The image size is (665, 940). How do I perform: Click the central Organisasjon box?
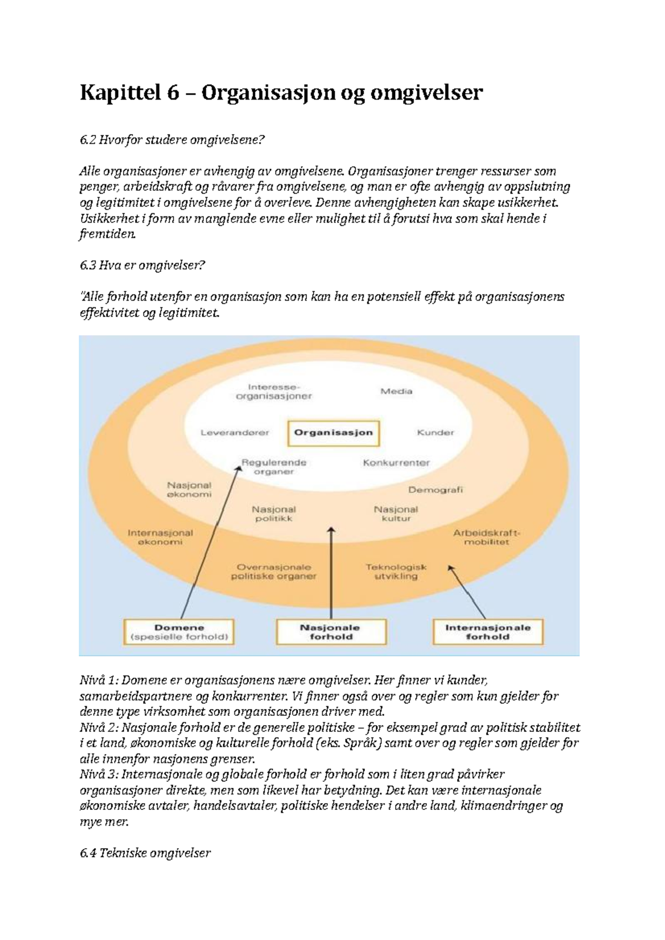tap(333, 432)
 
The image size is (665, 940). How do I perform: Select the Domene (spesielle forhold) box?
tap(179, 632)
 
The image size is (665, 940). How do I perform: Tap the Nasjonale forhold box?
tap(331, 632)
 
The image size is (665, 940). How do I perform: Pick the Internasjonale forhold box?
tap(488, 632)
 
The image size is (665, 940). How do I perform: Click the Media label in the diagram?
tap(396, 391)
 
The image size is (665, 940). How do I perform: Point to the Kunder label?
tap(435, 432)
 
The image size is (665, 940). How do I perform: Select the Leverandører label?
tap(235, 432)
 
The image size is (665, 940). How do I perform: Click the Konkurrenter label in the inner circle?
tap(396, 462)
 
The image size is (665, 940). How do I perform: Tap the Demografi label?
tap(435, 489)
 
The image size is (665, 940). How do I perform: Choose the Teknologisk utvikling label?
tap(396, 571)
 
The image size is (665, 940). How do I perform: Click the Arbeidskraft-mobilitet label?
tap(487, 537)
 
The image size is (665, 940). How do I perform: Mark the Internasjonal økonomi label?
tap(160, 537)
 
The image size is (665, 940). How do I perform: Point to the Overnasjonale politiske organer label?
tap(273, 571)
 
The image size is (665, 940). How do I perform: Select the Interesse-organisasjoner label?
tap(273, 391)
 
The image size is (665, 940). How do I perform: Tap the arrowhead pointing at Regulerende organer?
tap(239, 468)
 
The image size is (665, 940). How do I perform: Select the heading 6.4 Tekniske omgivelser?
tap(145, 853)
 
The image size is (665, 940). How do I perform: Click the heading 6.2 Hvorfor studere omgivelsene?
tap(172, 140)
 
